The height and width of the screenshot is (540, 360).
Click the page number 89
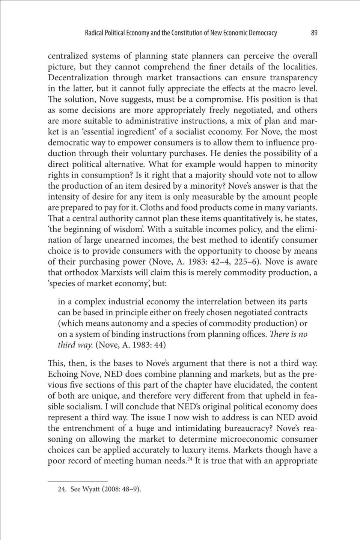pyautogui.click(x=314, y=33)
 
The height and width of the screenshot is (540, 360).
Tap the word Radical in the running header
pyautogui.click(x=93, y=33)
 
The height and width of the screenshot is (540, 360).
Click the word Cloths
pyautogui.click(x=151, y=208)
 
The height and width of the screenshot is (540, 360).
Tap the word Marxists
pyautogui.click(x=118, y=273)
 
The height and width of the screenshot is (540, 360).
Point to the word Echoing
pyautogui.click(x=62, y=374)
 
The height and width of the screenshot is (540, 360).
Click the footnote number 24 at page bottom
pyautogui.click(x=62, y=490)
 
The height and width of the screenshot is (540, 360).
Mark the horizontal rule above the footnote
pyautogui.click(x=78, y=481)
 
